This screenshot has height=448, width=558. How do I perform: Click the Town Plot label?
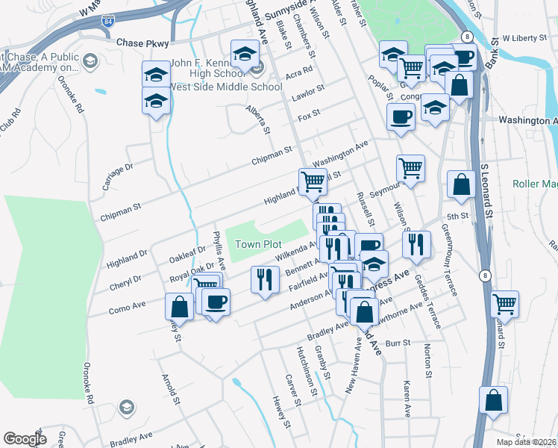tap(258, 244)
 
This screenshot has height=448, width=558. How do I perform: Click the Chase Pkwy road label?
tap(143, 43)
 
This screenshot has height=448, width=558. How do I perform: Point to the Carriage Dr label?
tap(118, 177)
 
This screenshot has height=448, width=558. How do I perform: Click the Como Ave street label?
tap(126, 307)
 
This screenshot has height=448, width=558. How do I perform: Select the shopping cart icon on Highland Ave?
tap(313, 180)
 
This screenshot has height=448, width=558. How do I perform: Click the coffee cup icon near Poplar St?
tap(401, 116)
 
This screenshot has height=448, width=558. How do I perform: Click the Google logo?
tap(25, 439)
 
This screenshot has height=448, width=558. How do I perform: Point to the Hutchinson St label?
tap(301, 370)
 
